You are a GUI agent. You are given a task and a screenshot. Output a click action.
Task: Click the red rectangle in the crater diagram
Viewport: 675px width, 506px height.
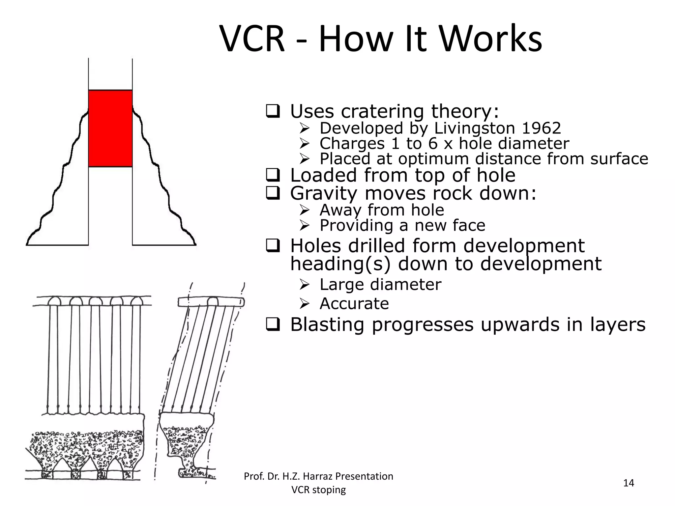pyautogui.click(x=110, y=128)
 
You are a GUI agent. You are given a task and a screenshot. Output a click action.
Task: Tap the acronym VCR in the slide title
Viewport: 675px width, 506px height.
pyautogui.click(x=252, y=39)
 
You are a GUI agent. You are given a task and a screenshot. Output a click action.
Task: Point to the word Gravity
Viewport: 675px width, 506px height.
pyautogui.click(x=323, y=193)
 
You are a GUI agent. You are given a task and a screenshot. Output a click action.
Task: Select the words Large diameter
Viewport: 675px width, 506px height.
pyautogui.click(x=380, y=284)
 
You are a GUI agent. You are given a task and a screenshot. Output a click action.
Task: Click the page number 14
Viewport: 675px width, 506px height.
pyautogui.click(x=629, y=483)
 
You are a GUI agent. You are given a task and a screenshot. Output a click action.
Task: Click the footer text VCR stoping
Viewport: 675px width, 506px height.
pyautogui.click(x=318, y=490)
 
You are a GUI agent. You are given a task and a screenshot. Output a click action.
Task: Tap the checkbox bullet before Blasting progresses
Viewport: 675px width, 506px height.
pyautogui.click(x=273, y=324)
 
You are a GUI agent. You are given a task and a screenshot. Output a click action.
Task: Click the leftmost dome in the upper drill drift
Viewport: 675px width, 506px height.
pyautogui.click(x=54, y=301)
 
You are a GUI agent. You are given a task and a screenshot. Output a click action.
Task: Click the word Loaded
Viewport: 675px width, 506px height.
pyautogui.click(x=323, y=175)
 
